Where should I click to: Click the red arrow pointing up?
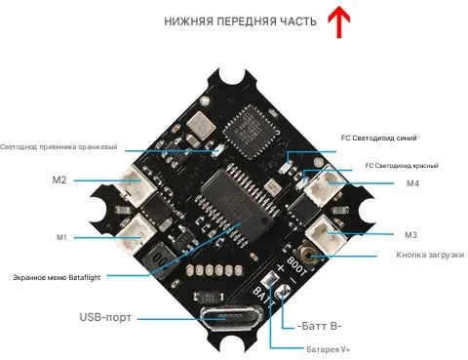click(x=339, y=21)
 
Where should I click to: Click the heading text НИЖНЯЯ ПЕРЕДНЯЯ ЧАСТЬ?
click(x=240, y=21)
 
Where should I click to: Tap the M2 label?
click(x=59, y=180)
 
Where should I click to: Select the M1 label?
click(x=61, y=237)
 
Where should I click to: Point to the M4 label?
click(x=412, y=183)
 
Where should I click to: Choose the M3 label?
click(x=410, y=234)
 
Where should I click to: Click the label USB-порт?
click(x=105, y=317)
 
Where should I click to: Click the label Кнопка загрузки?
click(x=430, y=255)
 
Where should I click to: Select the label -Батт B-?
click(x=320, y=326)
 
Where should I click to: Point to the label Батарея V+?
click(x=329, y=349)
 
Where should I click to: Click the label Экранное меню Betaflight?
click(x=57, y=278)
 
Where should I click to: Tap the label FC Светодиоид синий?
click(x=378, y=138)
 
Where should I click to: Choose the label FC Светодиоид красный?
click(x=402, y=166)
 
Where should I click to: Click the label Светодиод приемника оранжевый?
click(x=58, y=146)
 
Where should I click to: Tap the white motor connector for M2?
click(x=137, y=185)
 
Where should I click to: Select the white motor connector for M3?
click(x=326, y=234)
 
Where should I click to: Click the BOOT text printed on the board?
click(x=296, y=266)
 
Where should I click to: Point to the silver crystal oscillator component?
click(x=201, y=124)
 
